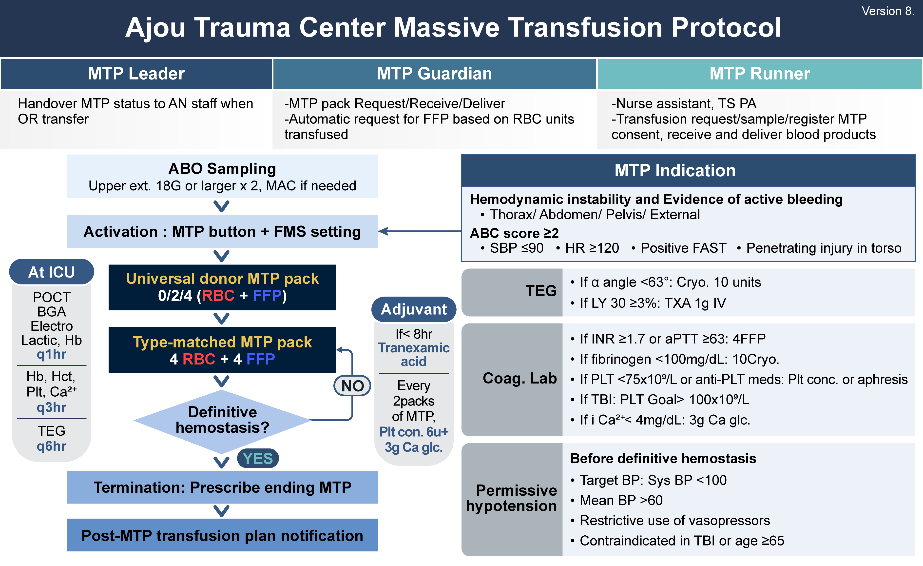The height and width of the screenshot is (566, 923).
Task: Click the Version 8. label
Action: (x=887, y=11)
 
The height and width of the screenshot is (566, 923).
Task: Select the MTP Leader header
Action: (x=136, y=74)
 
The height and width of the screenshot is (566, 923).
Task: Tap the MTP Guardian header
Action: (x=434, y=74)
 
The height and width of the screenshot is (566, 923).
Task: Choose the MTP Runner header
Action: (x=759, y=74)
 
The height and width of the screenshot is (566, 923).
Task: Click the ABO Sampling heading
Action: (x=222, y=169)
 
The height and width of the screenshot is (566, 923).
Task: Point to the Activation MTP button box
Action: (x=222, y=231)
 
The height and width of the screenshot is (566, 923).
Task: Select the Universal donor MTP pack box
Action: (x=222, y=287)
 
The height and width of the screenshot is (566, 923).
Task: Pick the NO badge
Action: (x=352, y=386)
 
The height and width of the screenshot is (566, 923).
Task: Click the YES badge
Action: (x=258, y=458)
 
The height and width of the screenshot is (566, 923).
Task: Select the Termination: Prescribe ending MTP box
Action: (x=222, y=487)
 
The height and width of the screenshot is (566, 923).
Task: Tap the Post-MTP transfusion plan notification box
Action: (x=222, y=535)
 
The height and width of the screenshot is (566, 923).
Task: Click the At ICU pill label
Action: (x=52, y=272)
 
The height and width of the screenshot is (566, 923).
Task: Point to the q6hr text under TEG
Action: (x=52, y=446)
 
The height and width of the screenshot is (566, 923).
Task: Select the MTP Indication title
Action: (x=675, y=171)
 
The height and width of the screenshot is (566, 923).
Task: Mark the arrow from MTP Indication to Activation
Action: (x=420, y=231)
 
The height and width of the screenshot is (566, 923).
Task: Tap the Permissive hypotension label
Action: (x=512, y=498)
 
